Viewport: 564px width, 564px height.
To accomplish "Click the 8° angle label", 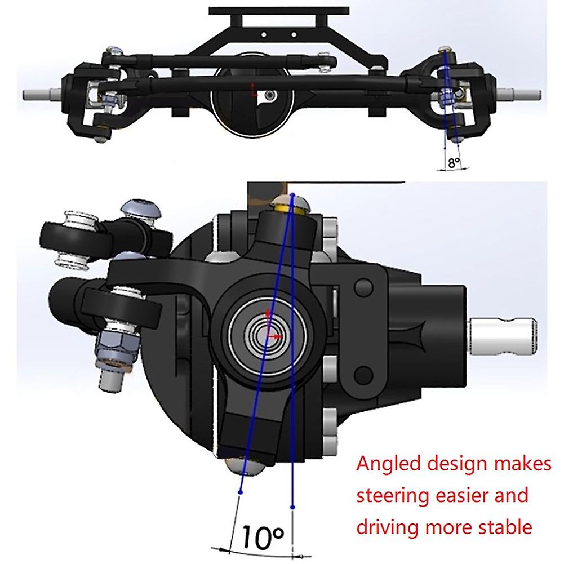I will tap(453, 163).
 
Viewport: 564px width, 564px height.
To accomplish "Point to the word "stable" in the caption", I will tap(504, 527).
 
